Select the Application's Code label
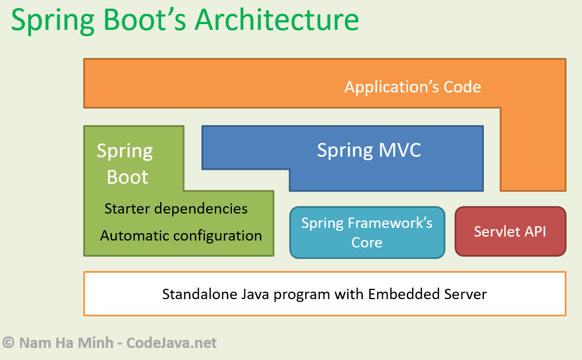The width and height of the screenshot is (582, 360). [x=412, y=87]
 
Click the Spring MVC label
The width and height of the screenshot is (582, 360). [x=369, y=150]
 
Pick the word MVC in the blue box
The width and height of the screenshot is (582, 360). [x=400, y=150]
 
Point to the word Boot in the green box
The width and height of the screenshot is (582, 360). [x=127, y=177]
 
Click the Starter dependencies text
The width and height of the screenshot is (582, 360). [x=176, y=208]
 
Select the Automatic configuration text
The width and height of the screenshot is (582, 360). [x=181, y=235]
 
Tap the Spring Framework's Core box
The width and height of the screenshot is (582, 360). [x=367, y=232]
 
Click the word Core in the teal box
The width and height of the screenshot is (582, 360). [x=367, y=242]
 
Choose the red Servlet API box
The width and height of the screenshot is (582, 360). [x=510, y=231]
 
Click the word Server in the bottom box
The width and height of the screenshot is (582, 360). [x=465, y=295]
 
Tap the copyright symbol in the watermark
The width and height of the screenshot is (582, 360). [x=9, y=343]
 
